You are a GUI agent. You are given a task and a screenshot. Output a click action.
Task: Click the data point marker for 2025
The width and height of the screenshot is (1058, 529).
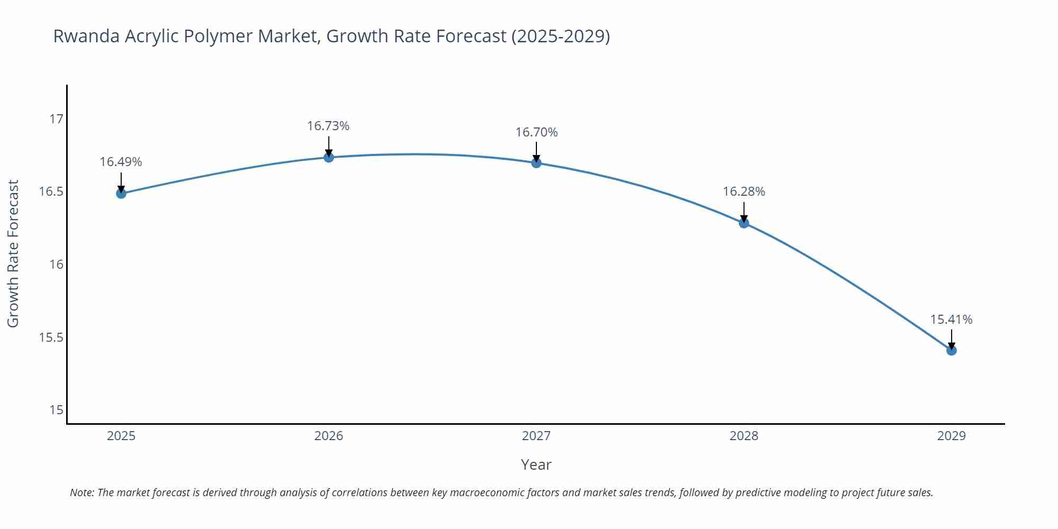click(121, 194)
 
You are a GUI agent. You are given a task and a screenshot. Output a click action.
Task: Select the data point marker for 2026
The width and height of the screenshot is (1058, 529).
click(329, 157)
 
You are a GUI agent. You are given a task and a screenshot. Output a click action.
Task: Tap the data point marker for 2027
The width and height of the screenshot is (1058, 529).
click(536, 163)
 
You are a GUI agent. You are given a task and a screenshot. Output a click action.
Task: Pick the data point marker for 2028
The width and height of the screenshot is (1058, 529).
click(744, 223)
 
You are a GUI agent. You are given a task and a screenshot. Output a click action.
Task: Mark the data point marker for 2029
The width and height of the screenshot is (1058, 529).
click(951, 350)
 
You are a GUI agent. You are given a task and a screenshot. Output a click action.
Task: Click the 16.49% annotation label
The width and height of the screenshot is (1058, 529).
click(121, 162)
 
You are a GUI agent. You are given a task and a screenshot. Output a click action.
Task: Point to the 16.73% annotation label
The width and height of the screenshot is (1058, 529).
click(328, 126)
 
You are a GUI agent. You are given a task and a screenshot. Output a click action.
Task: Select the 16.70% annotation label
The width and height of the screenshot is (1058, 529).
click(536, 132)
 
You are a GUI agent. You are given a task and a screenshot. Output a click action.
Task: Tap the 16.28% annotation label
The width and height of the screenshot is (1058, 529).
click(744, 191)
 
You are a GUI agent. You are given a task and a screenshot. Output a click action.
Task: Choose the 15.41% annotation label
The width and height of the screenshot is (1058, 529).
click(951, 320)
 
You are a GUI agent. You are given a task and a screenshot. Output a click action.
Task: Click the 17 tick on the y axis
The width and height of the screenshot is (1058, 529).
click(56, 119)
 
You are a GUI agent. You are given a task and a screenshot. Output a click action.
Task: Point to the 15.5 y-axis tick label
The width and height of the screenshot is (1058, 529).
click(51, 338)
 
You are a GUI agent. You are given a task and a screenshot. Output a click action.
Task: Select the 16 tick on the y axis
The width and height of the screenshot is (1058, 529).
click(56, 264)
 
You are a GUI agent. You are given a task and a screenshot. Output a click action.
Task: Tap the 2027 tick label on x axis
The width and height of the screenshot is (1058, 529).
click(536, 436)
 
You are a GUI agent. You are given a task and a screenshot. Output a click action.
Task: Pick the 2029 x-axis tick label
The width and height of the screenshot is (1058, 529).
click(951, 436)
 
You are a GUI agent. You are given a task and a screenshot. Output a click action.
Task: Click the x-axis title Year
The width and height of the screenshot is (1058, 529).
click(536, 464)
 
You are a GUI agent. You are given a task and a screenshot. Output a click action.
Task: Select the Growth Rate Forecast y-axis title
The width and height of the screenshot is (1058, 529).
click(13, 253)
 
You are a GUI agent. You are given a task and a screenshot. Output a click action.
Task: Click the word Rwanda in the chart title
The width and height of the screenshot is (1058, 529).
click(86, 36)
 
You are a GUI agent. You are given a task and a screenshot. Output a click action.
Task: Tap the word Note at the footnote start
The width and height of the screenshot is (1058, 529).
click(81, 492)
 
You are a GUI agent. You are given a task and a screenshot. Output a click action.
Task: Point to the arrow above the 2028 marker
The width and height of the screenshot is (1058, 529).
click(744, 212)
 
